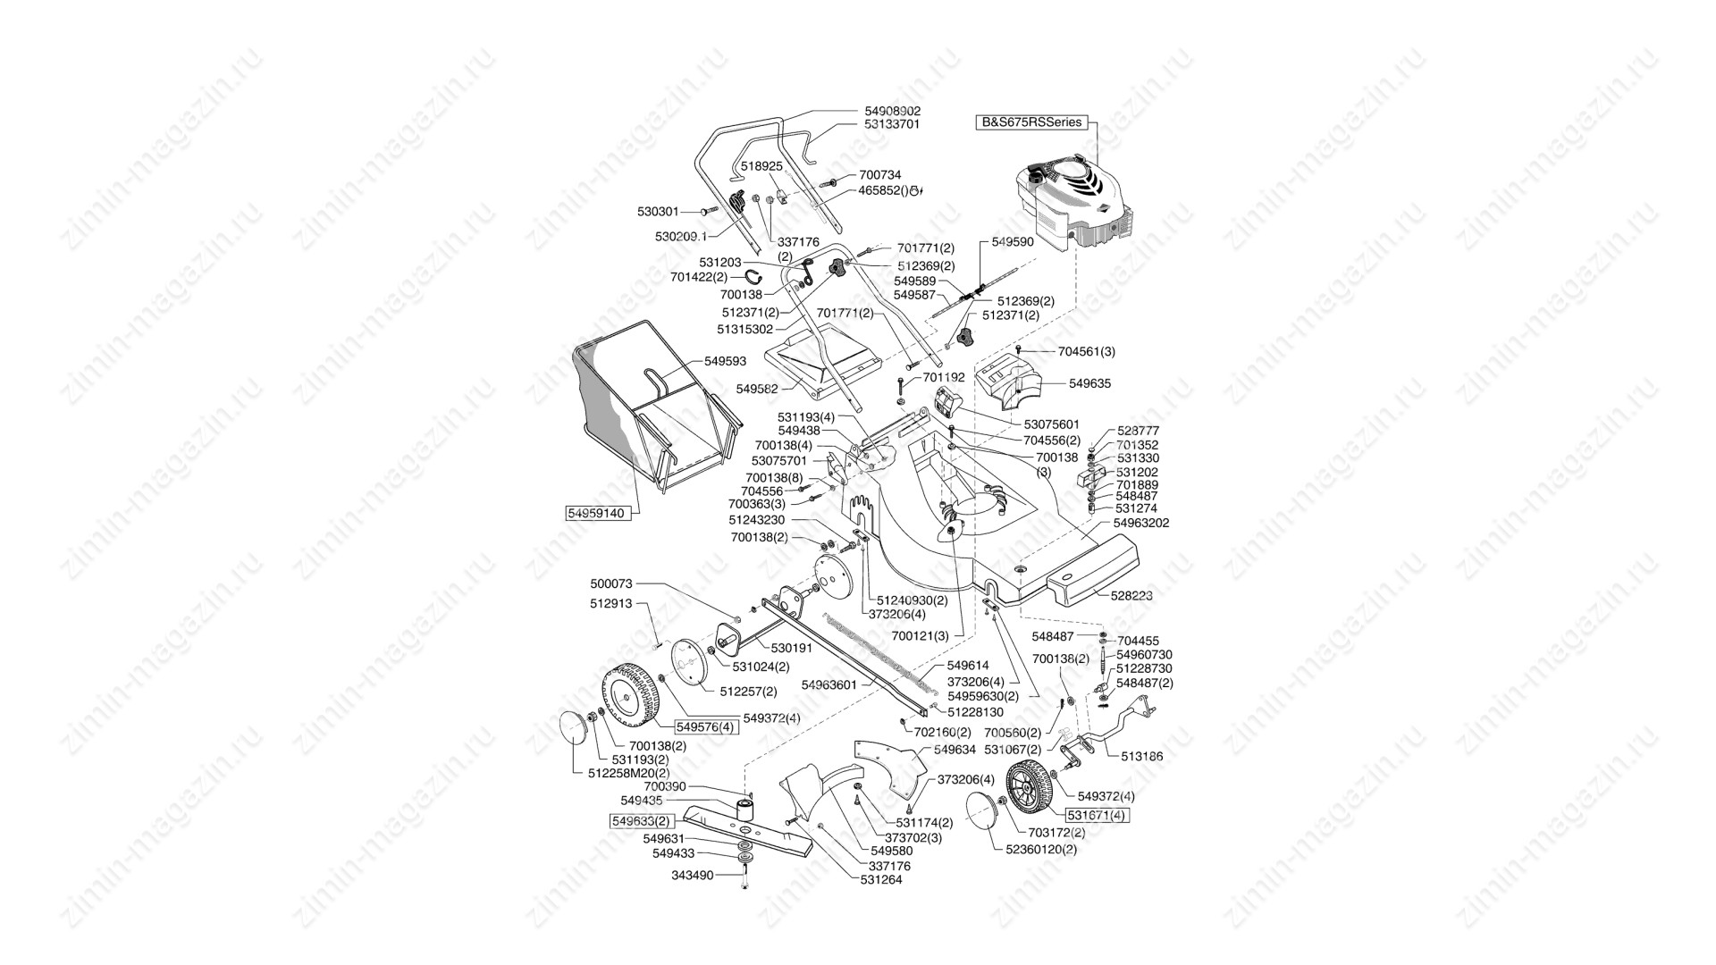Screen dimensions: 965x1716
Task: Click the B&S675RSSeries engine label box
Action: (x=1032, y=122)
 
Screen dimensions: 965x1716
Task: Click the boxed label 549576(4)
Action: (x=706, y=726)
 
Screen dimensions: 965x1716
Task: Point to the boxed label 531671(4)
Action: (x=1098, y=814)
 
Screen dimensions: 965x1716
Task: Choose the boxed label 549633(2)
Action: (x=640, y=820)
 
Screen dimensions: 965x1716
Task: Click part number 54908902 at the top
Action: (x=892, y=111)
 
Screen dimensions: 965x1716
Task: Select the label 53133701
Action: (x=892, y=124)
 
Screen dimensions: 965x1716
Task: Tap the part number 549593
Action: (x=725, y=362)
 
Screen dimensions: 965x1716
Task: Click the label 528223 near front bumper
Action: (x=1131, y=594)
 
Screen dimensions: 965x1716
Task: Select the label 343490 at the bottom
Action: (x=693, y=876)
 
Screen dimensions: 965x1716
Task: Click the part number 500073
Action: (x=611, y=583)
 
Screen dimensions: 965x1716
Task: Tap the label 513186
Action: (x=1142, y=756)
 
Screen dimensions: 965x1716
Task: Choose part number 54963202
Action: (x=1141, y=523)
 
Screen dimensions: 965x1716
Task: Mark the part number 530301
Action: (x=658, y=212)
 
